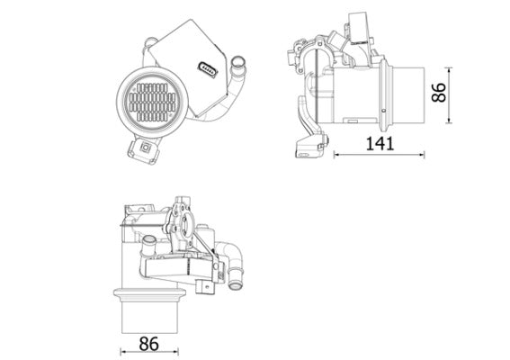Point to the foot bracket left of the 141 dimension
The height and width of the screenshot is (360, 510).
tap(309, 144)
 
